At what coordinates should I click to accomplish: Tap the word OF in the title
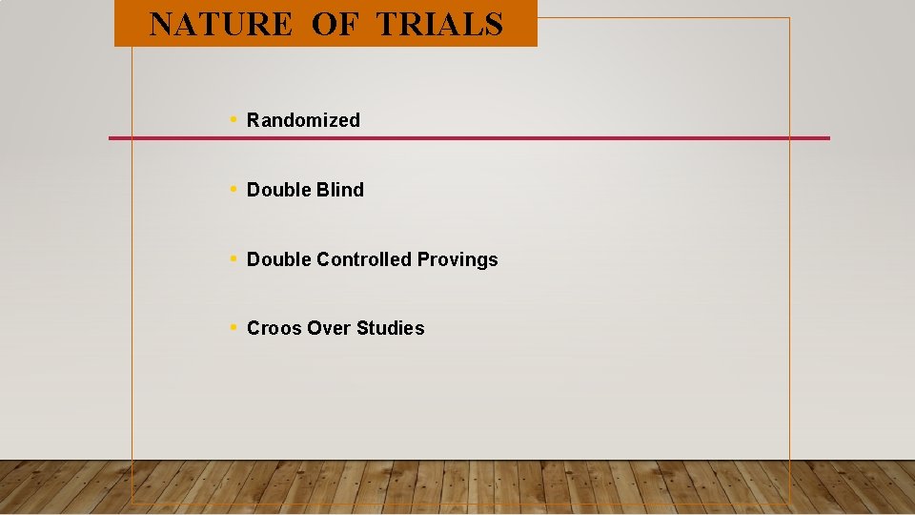(333, 24)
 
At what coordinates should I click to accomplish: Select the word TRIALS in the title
(439, 24)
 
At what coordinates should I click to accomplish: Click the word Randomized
(303, 120)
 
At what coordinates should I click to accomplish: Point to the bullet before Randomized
(234, 120)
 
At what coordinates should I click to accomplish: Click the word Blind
(340, 190)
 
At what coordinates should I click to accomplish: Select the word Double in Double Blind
(278, 190)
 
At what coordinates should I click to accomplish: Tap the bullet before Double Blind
(234, 189)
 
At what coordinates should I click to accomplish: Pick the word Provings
(457, 259)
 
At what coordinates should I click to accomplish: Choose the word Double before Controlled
(278, 259)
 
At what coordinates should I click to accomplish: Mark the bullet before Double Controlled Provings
(234, 258)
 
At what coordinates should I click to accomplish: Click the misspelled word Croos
(271, 328)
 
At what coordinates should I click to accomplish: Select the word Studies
(391, 328)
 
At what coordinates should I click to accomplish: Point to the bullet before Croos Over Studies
(234, 327)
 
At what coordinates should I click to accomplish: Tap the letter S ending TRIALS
(494, 24)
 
